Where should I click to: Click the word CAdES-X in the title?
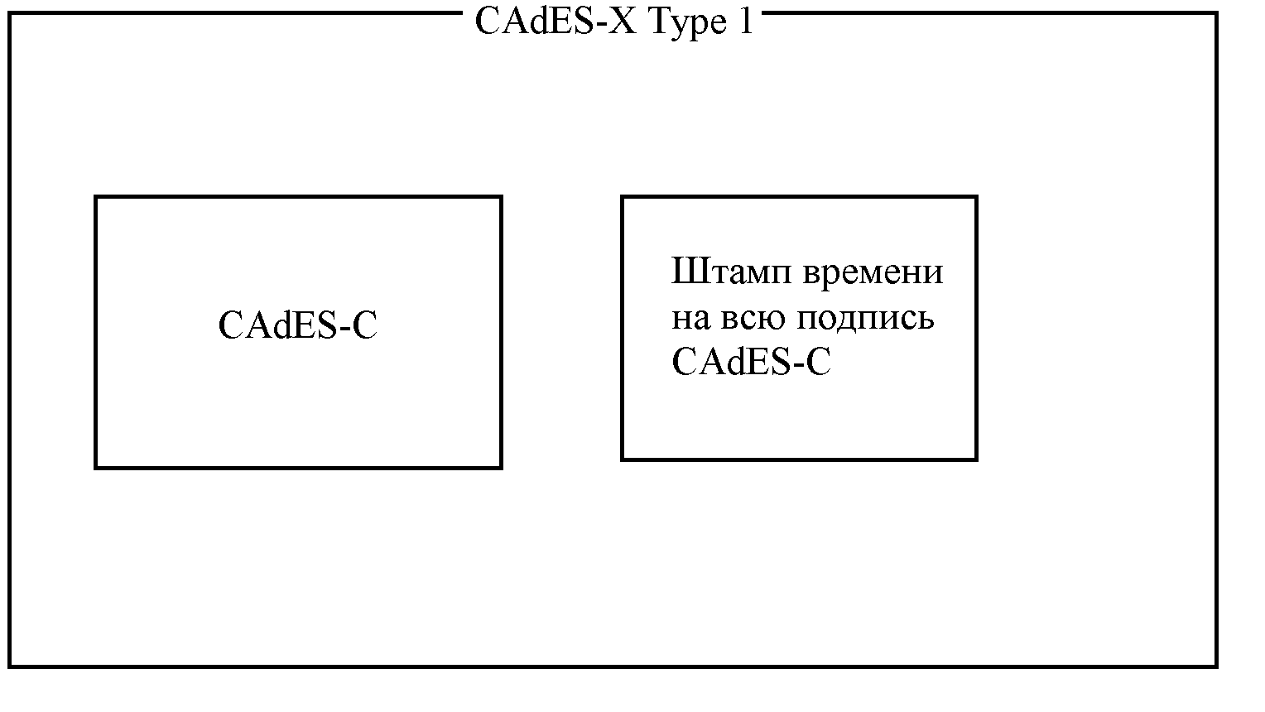556,22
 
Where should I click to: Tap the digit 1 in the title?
745,22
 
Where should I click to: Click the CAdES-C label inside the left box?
298,325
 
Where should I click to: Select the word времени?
873,272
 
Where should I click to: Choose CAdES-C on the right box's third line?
751,362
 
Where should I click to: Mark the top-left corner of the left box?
96,197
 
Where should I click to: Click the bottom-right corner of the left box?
501,468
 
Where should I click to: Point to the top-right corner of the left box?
501,197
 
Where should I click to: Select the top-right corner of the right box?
976,197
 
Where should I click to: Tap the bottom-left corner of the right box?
623,459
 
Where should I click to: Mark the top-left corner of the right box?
623,197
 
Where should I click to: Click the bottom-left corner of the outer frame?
10,666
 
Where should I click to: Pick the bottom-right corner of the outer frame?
1216,666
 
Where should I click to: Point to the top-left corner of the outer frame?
10,13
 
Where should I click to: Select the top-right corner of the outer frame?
1216,13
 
